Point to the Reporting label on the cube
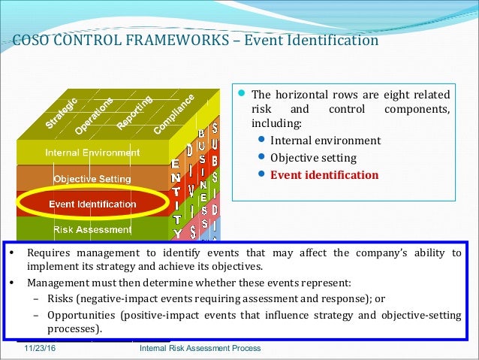click(134, 110)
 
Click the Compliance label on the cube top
click(175, 113)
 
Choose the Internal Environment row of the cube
click(92, 153)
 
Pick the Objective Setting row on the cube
click(92, 179)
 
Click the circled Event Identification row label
click(92, 204)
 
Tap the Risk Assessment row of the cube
click(92, 228)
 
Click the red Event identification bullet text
click(324, 175)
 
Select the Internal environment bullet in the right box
click(325, 141)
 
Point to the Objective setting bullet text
click(314, 158)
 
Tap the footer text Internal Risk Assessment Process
click(200, 349)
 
